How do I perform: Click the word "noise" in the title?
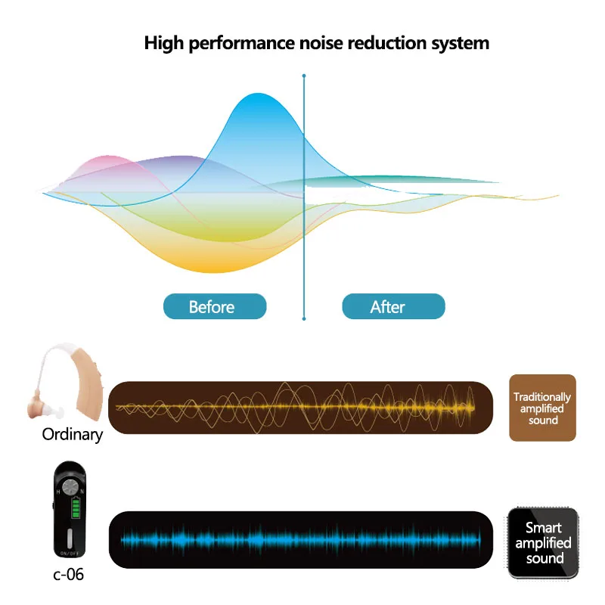tap(313, 42)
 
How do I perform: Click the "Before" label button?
tap(215, 306)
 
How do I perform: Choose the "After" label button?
tap(393, 306)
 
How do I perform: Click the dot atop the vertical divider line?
tap(304, 76)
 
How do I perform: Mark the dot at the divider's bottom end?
tap(304, 319)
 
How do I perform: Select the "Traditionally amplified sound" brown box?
tap(542, 408)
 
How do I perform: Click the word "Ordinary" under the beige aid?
tap(72, 435)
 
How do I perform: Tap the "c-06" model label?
tap(68, 575)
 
